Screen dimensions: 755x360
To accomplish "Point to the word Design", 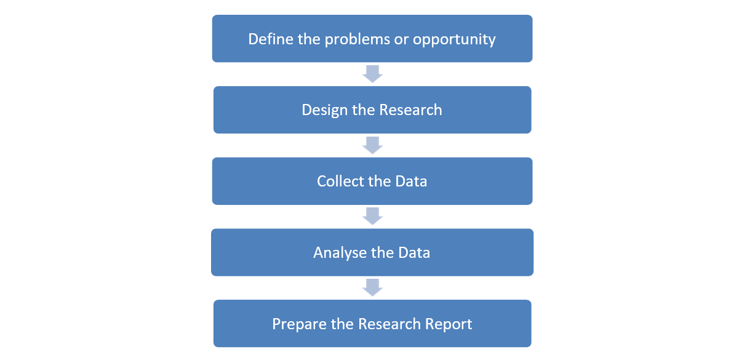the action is pyautogui.click(x=324, y=111).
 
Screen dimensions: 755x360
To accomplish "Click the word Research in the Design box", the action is pyautogui.click(x=410, y=110).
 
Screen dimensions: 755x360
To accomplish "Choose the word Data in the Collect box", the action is pyautogui.click(x=411, y=182).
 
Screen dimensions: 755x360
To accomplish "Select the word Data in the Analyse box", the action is pyautogui.click(x=414, y=253).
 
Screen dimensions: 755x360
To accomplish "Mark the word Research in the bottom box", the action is pyautogui.click(x=389, y=324).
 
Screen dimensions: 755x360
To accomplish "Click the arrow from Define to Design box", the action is pyautogui.click(x=372, y=74).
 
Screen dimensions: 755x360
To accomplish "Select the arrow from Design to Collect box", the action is pyautogui.click(x=372, y=145).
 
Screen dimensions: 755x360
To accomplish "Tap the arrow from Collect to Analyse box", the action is pyautogui.click(x=372, y=216).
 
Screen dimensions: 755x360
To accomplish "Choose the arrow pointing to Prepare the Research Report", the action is pyautogui.click(x=372, y=287).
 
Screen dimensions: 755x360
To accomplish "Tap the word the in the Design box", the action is pyautogui.click(x=363, y=110).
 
